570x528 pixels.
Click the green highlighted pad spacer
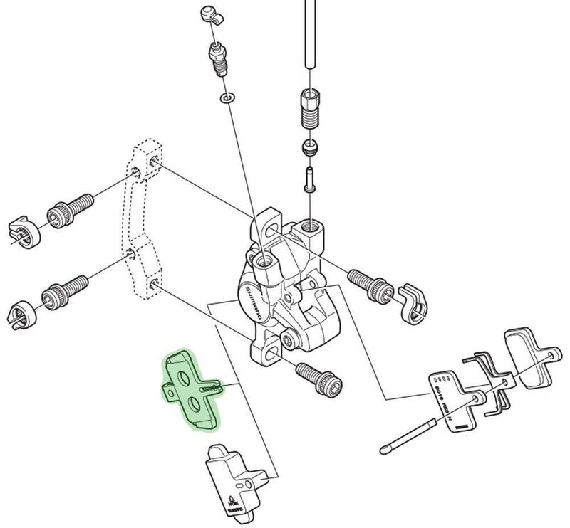[190, 390]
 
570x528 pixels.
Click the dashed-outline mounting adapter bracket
[142, 228]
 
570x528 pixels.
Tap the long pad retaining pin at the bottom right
[413, 431]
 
